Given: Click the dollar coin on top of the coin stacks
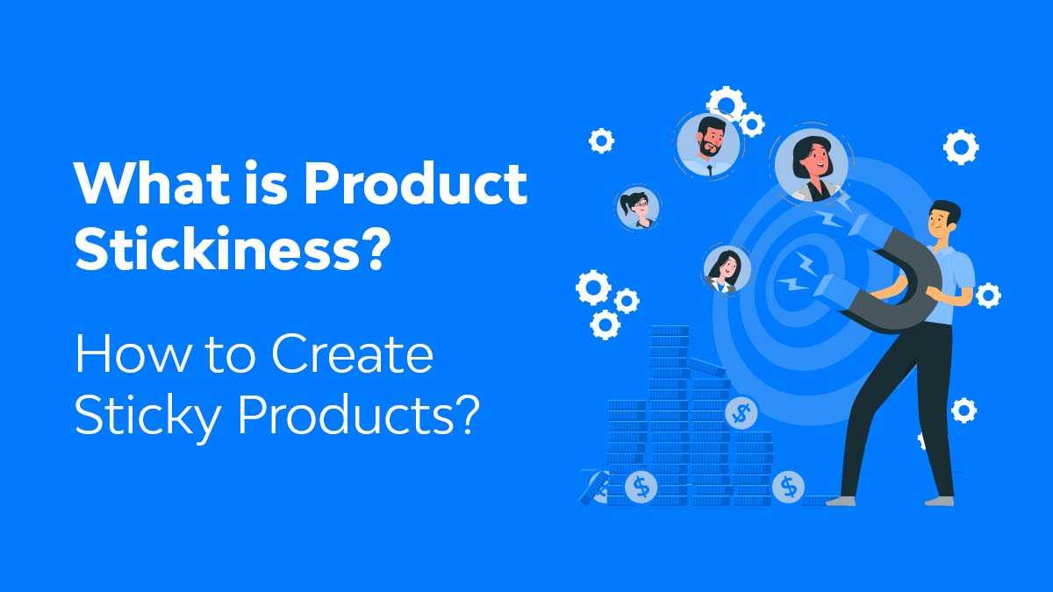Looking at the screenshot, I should point(742,411).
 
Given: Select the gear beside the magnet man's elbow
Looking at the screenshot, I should point(988,296).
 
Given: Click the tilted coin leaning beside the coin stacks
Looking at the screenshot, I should point(594,487).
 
